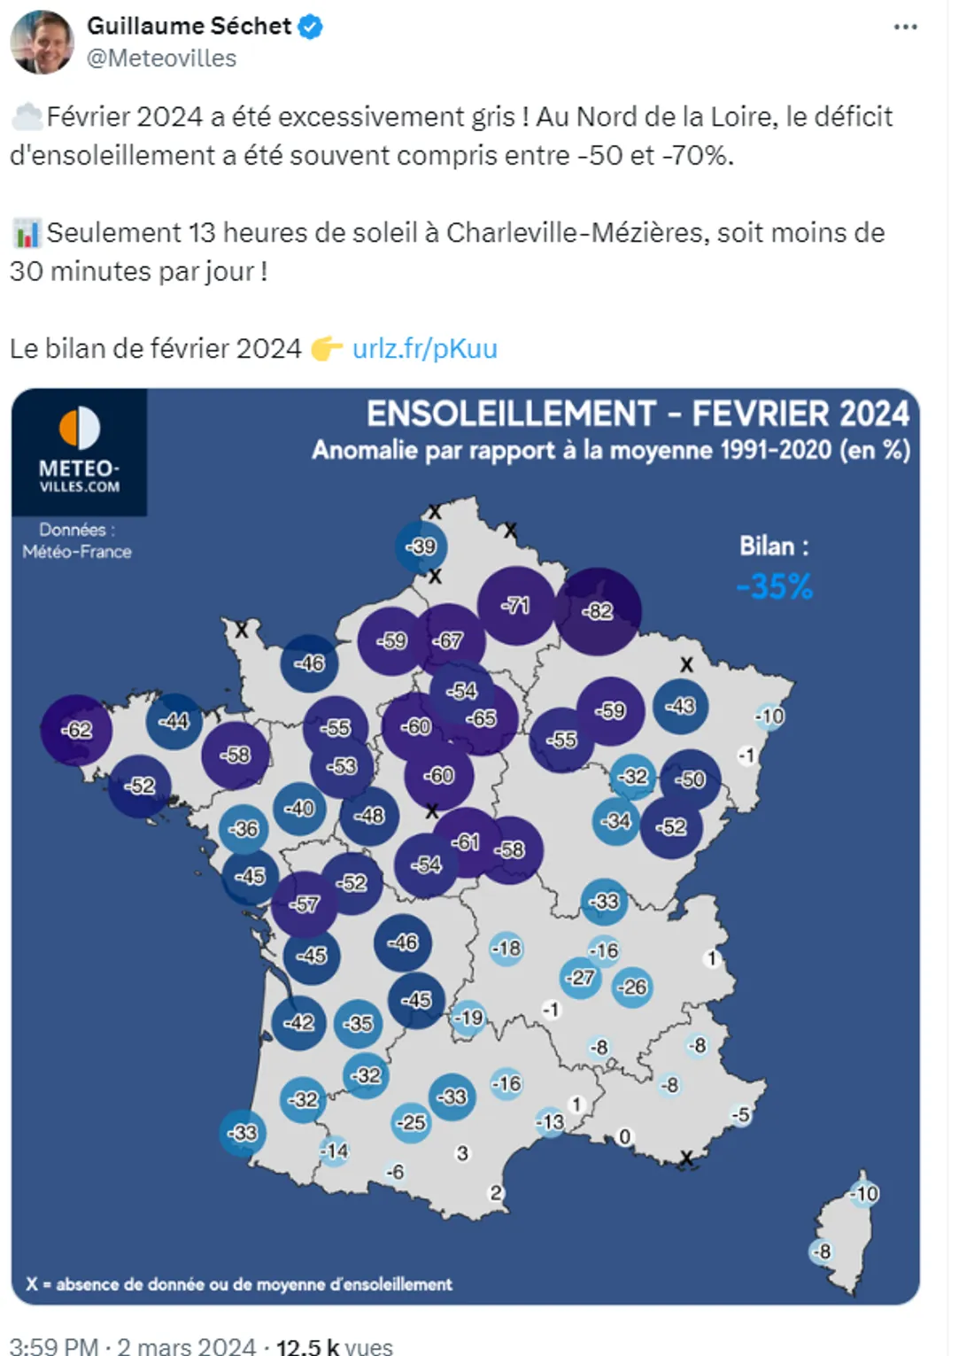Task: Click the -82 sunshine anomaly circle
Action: click(x=598, y=610)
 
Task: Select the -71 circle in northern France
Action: click(x=515, y=606)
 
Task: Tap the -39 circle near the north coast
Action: click(x=421, y=546)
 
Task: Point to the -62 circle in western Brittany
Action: click(x=77, y=730)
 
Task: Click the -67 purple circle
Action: click(x=449, y=639)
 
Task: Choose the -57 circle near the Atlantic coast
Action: click(x=305, y=904)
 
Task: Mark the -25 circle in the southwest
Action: click(x=411, y=1122)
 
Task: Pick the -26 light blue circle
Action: click(x=632, y=987)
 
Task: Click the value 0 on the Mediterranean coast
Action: click(x=624, y=1136)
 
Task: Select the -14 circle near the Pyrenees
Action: click(x=335, y=1151)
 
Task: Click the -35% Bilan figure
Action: click(x=775, y=586)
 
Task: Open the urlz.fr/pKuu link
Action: click(x=425, y=348)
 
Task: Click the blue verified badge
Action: click(x=310, y=27)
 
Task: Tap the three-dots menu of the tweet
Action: click(x=905, y=27)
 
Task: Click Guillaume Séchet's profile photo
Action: click(x=42, y=42)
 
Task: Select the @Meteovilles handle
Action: click(x=162, y=58)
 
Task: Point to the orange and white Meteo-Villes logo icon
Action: click(x=79, y=428)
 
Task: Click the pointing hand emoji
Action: click(x=326, y=349)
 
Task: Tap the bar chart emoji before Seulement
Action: click(x=26, y=234)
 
